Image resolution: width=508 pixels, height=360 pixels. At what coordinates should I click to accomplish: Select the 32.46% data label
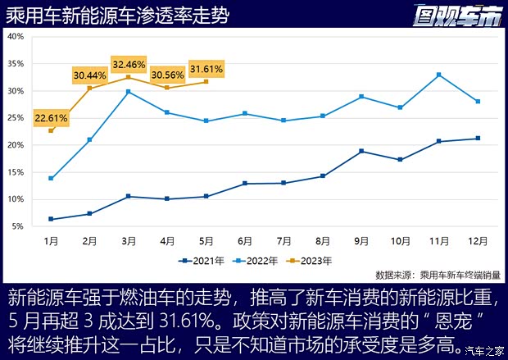pos(129,63)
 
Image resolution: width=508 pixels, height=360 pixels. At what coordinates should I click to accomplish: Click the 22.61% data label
pos(51,118)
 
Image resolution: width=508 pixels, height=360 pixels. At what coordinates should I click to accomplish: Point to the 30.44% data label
pos(90,75)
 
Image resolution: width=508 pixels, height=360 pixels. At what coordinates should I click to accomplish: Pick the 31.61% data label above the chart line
pos(206,68)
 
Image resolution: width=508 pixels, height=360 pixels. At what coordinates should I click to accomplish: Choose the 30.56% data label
pos(167,74)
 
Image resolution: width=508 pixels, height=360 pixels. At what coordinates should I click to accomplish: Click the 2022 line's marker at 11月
pos(439,75)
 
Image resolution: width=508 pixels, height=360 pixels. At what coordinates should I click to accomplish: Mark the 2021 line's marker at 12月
pos(479,139)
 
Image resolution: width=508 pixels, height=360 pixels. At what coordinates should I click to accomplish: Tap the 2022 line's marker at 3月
pos(129,92)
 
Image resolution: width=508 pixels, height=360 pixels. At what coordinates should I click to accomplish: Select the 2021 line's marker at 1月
pos(51,219)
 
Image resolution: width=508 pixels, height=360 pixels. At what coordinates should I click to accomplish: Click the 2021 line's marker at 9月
pos(361,152)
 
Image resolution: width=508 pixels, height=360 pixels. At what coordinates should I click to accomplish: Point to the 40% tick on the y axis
pos(16,37)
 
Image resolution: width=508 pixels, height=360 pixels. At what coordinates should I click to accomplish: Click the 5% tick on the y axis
pos(18,226)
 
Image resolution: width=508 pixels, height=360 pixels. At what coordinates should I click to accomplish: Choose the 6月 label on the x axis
pos(245,242)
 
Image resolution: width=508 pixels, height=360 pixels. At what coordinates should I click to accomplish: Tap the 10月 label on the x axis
pos(401,242)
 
